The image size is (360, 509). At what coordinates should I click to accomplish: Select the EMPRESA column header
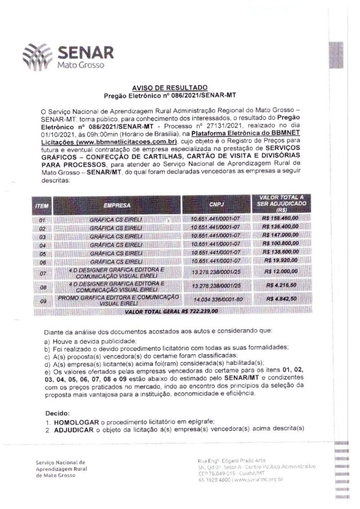pos(117,204)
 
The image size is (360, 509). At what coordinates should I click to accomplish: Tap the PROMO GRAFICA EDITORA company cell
pos(118,299)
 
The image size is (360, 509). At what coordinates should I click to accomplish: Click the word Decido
pos(57,413)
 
